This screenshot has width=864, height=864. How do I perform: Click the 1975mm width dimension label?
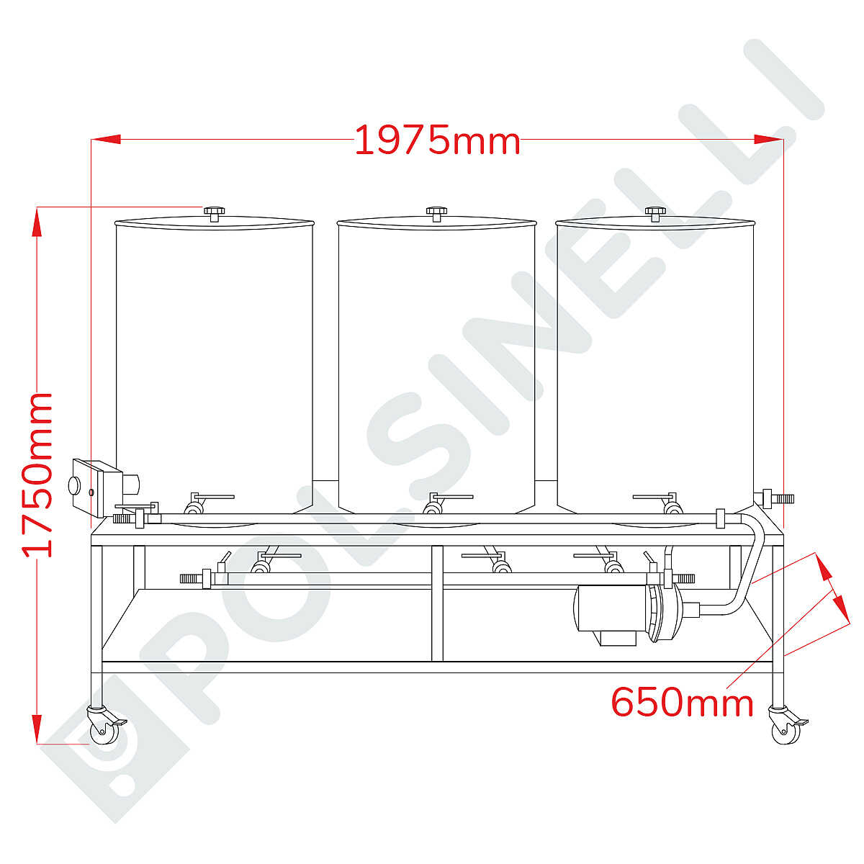(437, 140)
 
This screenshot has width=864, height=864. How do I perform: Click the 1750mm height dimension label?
(37, 475)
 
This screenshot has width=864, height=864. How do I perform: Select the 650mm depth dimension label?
(682, 703)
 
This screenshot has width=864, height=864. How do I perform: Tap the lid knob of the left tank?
(215, 213)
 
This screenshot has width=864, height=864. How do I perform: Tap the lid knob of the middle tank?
(436, 213)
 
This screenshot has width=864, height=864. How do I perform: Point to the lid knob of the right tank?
(655, 213)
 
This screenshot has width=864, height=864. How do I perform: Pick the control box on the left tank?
(99, 488)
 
